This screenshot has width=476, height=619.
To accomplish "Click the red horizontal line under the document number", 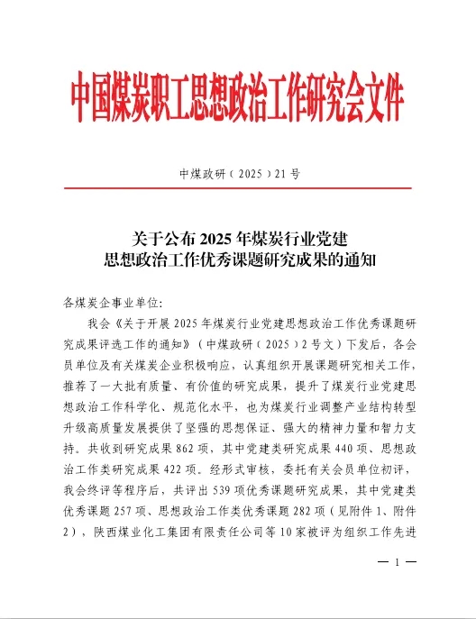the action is click(x=238, y=188).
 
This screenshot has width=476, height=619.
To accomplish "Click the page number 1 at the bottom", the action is click(x=397, y=587).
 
